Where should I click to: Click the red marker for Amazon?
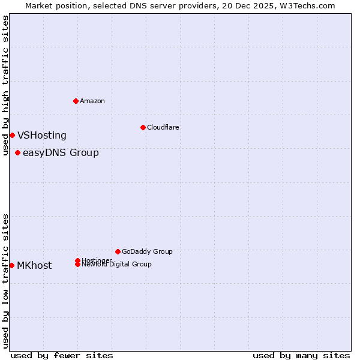pyautogui.click(x=76, y=101)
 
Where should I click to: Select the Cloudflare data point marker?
pyautogui.click(x=143, y=127)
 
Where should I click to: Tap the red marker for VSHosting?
pyautogui.click(x=12, y=135)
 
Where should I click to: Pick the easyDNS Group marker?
pyautogui.click(x=17, y=152)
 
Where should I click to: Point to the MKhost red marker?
pyautogui.click(x=11, y=265)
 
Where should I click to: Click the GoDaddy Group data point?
pyautogui.click(x=118, y=251)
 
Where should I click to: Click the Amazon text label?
pyautogui.click(x=92, y=101)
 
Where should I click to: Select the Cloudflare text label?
pyautogui.click(x=163, y=127)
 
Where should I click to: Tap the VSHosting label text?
pyautogui.click(x=42, y=136)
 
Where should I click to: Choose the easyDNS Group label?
pyautogui.click(x=61, y=153)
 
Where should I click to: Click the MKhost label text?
pyautogui.click(x=34, y=266)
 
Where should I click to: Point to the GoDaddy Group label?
pyautogui.click(x=147, y=252)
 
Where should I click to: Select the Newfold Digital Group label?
pyautogui.click(x=117, y=265)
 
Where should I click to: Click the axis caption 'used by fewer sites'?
pyautogui.click(x=62, y=355)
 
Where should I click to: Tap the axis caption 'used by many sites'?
pyautogui.click(x=301, y=355)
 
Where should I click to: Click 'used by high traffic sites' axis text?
pyautogui.click(x=6, y=85)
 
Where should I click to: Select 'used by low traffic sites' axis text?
pyautogui.click(x=6, y=281)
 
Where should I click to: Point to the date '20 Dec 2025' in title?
pyautogui.click(x=259, y=5)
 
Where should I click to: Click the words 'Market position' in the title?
pyautogui.click(x=53, y=5)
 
